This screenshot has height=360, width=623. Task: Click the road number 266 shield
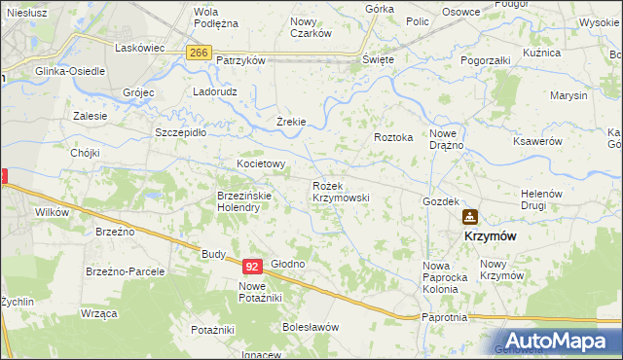click(199, 53)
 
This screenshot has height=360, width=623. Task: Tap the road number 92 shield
click(252, 265)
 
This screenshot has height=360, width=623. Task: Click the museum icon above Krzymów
click(470, 217)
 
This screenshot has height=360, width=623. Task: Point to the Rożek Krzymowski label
click(340, 191)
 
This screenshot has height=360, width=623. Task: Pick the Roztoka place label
click(394, 138)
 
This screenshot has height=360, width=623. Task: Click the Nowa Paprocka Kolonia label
click(446, 271)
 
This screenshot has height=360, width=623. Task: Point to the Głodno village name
click(288, 265)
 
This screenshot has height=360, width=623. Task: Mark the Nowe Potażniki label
click(260, 291)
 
